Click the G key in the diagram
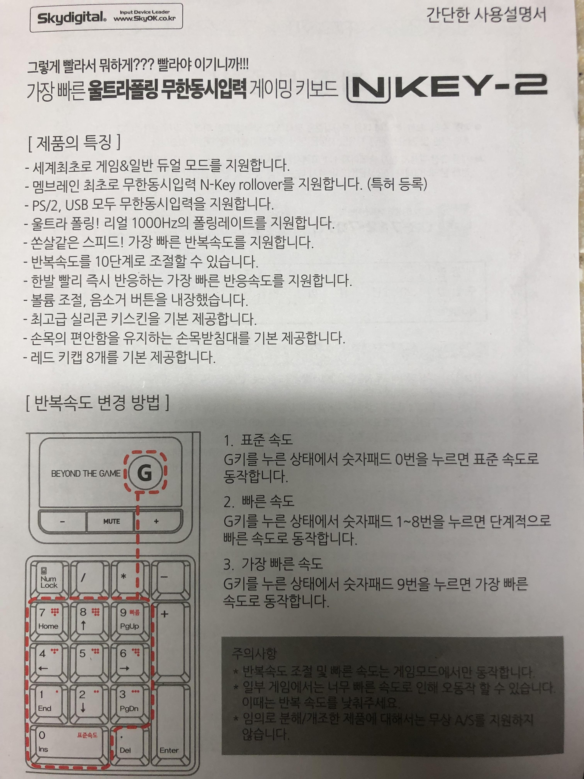(144, 473)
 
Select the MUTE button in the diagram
(111, 521)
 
